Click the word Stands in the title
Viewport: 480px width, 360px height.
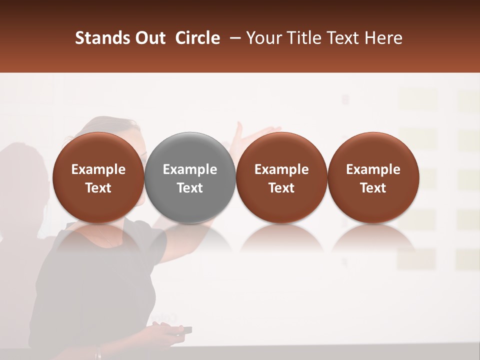[x=101, y=38]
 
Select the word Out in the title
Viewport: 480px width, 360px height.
[x=149, y=38]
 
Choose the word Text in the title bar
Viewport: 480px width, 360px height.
[x=340, y=38]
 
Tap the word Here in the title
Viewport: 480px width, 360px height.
[x=382, y=38]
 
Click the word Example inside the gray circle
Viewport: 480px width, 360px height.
[x=190, y=169]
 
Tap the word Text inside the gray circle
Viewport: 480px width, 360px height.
[x=190, y=188]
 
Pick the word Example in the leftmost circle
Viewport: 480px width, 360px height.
[x=98, y=169]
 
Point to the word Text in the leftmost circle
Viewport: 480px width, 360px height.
[x=98, y=188]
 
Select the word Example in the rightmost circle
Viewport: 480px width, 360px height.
[x=373, y=169]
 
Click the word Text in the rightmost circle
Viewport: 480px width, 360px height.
[x=373, y=188]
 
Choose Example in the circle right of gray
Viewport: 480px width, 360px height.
[x=281, y=169]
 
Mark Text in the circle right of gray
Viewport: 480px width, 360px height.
[x=281, y=188]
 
